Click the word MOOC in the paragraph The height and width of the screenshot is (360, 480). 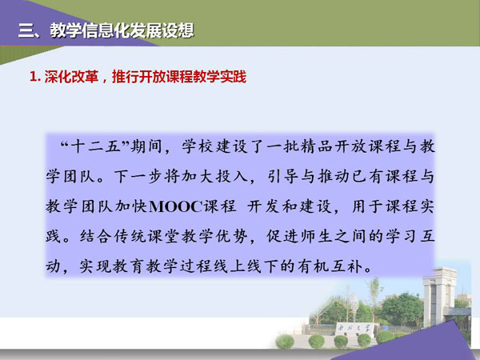click(x=176, y=206)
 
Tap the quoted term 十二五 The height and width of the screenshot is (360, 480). click(x=95, y=146)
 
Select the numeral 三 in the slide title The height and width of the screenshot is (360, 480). click(x=26, y=30)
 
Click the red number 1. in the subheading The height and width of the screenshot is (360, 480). click(x=35, y=77)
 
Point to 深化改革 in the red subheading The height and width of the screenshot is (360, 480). click(x=71, y=77)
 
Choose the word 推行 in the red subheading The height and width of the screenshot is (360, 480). click(x=126, y=77)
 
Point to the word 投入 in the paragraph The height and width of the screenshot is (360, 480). click(x=231, y=176)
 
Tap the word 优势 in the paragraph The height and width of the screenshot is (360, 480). click(x=231, y=236)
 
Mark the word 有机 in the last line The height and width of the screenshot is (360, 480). click(x=317, y=266)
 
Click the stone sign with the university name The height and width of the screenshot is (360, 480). click(x=354, y=330)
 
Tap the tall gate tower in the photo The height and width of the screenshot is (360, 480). click(x=439, y=297)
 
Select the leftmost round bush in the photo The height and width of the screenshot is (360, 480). click(x=285, y=342)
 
